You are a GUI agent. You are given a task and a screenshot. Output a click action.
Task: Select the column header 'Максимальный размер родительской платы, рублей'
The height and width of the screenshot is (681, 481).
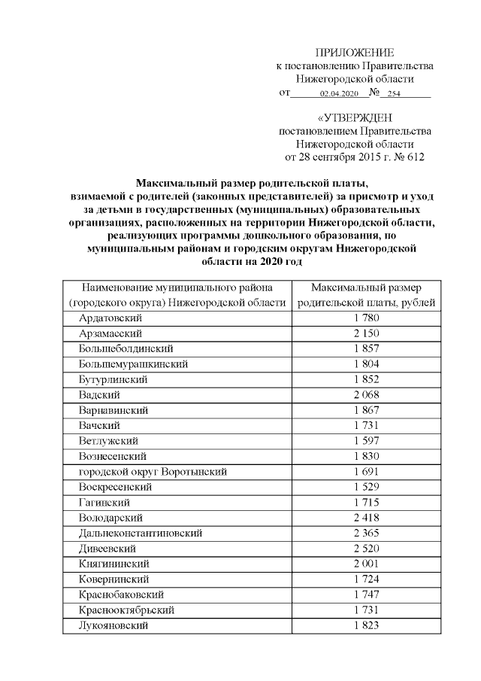pyautogui.click(x=366, y=296)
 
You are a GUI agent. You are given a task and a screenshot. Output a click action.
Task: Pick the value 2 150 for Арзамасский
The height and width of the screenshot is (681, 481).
pyautogui.click(x=366, y=333)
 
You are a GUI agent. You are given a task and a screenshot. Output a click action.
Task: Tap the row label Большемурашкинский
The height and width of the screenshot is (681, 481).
pyautogui.click(x=133, y=363)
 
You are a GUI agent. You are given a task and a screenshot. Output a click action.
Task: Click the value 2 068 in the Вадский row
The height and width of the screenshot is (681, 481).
pyautogui.click(x=366, y=394)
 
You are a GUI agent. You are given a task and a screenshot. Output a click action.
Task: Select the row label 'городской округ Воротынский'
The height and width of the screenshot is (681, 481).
pyautogui.click(x=153, y=472)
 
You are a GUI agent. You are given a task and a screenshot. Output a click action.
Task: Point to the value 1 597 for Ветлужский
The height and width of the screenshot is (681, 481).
pyautogui.click(x=366, y=441)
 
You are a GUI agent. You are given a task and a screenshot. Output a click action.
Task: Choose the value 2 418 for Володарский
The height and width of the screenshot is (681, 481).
pyautogui.click(x=366, y=518)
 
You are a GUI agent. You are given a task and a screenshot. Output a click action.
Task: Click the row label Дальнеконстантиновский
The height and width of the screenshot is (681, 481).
pyautogui.click(x=141, y=534)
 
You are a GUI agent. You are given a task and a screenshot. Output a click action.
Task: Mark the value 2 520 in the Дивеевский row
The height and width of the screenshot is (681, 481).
pyautogui.click(x=366, y=549)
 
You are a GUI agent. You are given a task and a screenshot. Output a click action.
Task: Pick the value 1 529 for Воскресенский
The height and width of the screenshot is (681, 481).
pyautogui.click(x=366, y=487)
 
